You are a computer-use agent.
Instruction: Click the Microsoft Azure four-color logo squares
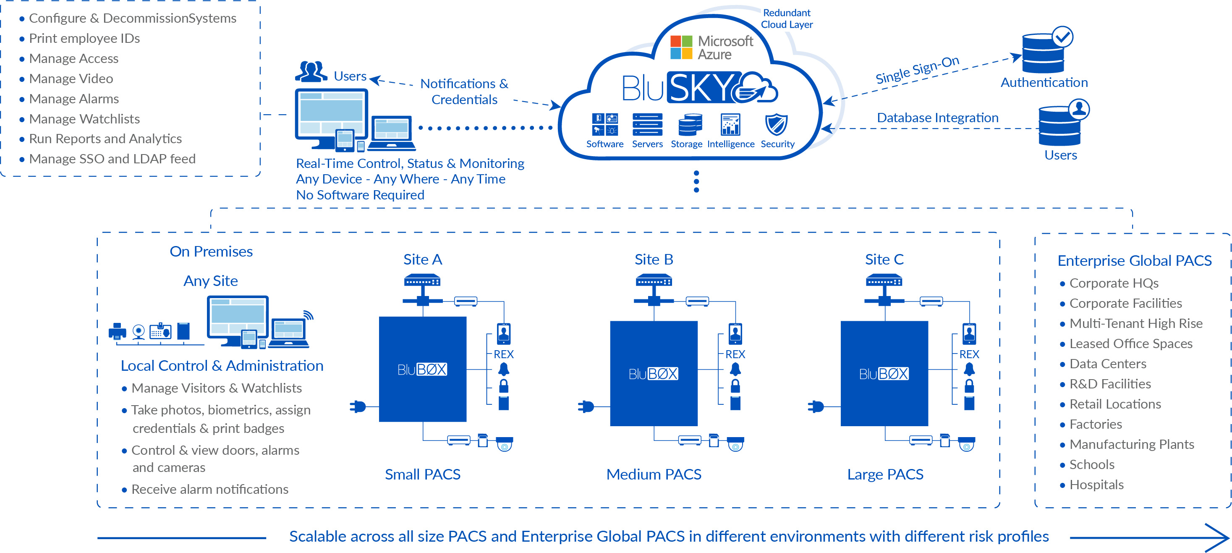pyautogui.click(x=681, y=47)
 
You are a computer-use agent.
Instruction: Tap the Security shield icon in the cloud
pyautogui.click(x=776, y=125)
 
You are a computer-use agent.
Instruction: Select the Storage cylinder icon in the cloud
pyautogui.click(x=690, y=125)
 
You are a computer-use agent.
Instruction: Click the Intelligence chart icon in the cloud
pyautogui.click(x=730, y=125)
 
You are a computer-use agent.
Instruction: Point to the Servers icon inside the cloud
pyautogui.click(x=647, y=125)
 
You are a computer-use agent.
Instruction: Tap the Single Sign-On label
pyautogui.click(x=917, y=70)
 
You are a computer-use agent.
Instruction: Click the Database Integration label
pyautogui.click(x=937, y=118)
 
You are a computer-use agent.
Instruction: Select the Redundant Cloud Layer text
pyautogui.click(x=786, y=18)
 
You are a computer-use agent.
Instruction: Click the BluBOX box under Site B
pyautogui.click(x=653, y=373)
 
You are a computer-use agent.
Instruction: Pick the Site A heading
pyautogui.click(x=422, y=259)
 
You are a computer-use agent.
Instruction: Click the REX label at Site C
pyautogui.click(x=969, y=354)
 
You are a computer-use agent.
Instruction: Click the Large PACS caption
pyautogui.click(x=885, y=474)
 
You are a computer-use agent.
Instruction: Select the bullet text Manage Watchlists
pyautogui.click(x=84, y=119)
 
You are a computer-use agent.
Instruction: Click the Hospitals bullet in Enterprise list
pyautogui.click(x=1096, y=485)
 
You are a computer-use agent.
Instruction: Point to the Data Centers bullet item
pyautogui.click(x=1107, y=364)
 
